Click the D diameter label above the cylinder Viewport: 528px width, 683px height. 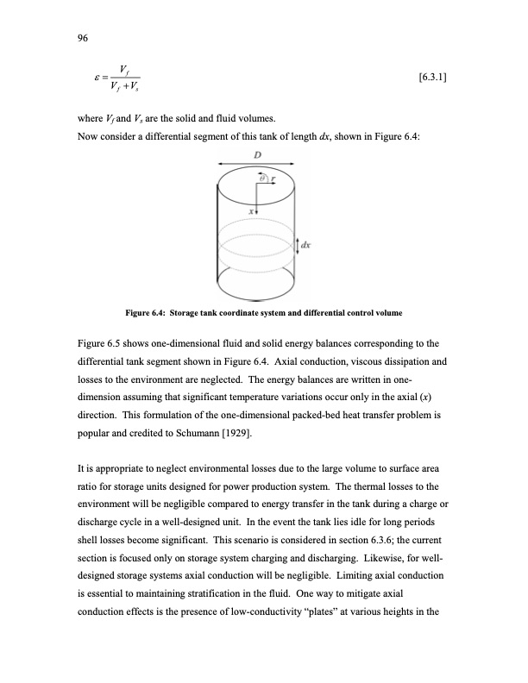[x=257, y=154]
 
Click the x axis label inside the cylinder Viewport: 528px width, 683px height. [x=249, y=209]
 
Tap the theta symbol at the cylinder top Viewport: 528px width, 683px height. [x=257, y=176]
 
